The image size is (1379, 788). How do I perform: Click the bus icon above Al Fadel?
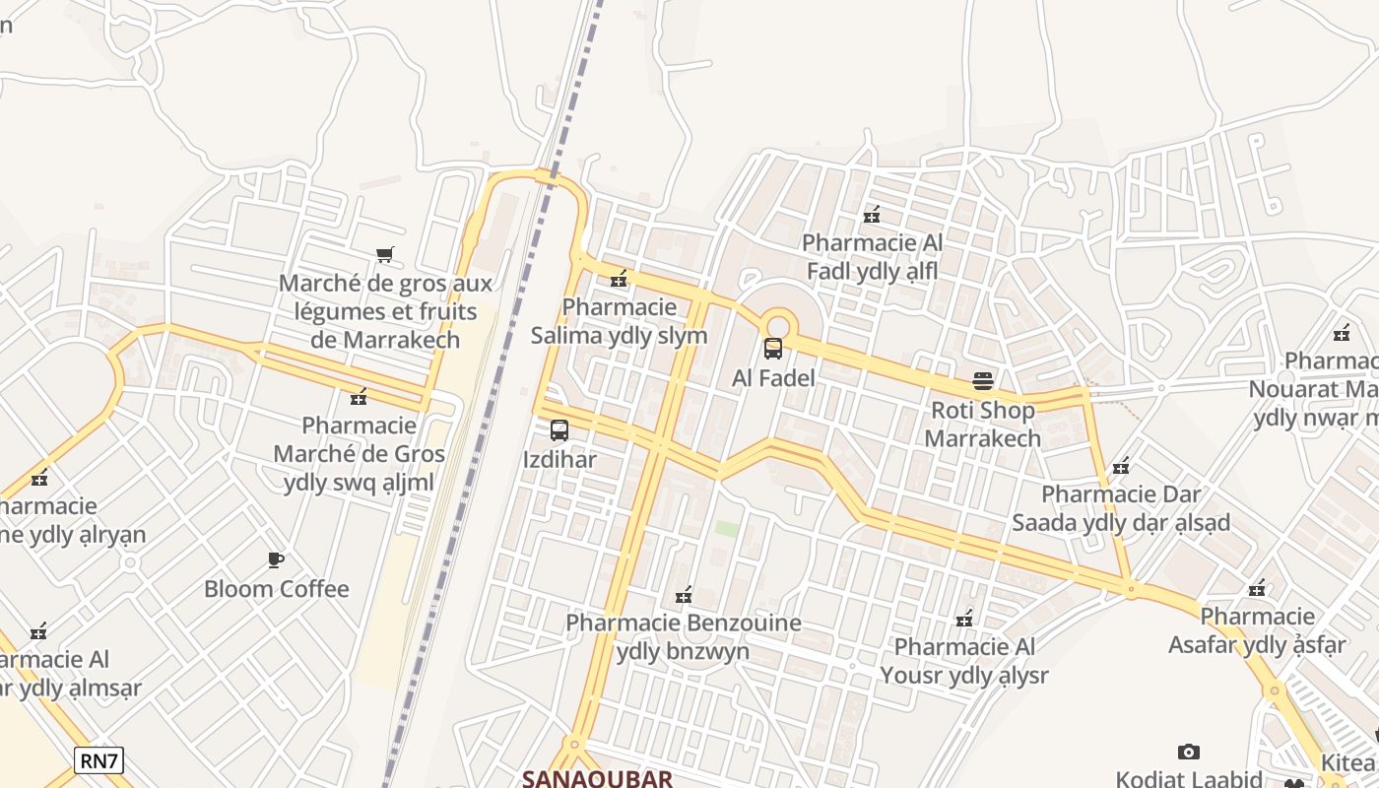pos(773,348)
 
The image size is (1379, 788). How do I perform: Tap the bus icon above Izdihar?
pos(559,430)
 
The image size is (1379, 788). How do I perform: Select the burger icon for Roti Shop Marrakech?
pos(983,380)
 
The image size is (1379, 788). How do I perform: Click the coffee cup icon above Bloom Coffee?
pos(276,559)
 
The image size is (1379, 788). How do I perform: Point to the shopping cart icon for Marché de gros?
pos(385,255)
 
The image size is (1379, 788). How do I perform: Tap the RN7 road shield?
pos(98,759)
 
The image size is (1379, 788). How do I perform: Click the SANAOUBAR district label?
pos(597,778)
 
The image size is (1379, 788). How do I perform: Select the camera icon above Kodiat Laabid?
pos(1189,752)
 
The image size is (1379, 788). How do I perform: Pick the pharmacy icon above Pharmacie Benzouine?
pos(683,594)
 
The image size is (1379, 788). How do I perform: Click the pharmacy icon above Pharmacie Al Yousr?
pos(964,619)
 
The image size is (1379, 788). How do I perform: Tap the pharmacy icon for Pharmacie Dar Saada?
pos(1120,465)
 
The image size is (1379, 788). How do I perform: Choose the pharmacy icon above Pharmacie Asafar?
pos(1257,588)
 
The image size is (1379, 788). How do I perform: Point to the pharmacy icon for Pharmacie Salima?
pos(619,279)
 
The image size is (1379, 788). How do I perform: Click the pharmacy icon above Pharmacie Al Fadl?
pos(872,214)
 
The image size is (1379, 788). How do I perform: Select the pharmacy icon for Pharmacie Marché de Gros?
pos(359,397)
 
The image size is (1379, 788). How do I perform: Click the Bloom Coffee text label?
pos(276,589)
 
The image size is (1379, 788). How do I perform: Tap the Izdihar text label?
pos(559,460)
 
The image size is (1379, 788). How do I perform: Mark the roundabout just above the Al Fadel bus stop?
pos(777,323)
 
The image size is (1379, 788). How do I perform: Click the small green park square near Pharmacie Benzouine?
pos(726,529)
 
